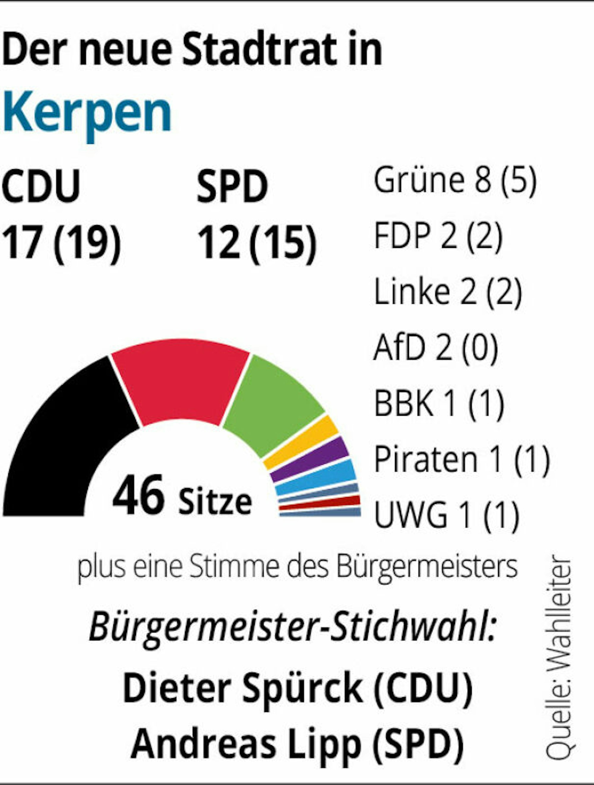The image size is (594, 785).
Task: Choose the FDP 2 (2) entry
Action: click(x=438, y=236)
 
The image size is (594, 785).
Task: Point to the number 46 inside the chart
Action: click(x=138, y=495)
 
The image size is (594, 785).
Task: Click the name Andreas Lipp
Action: click(x=245, y=743)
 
